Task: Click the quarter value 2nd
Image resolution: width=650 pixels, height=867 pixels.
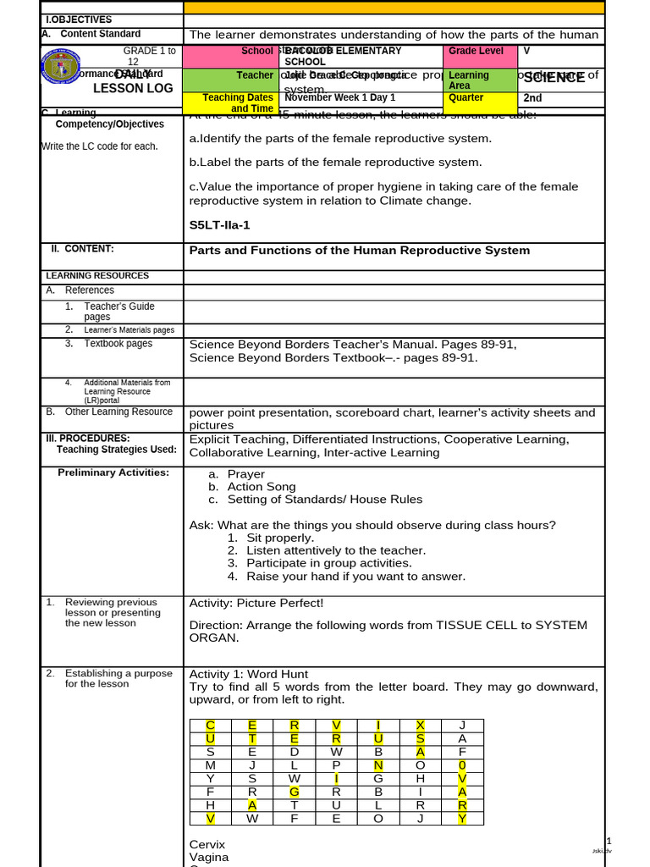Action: click(532, 98)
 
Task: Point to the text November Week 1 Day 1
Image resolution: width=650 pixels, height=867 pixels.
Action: click(339, 98)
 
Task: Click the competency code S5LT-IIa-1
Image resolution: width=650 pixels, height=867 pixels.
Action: click(219, 225)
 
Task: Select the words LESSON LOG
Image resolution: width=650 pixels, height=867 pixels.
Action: click(133, 88)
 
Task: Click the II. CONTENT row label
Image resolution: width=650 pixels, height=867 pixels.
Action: click(81, 249)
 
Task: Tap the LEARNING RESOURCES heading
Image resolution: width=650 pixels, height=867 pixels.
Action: click(97, 276)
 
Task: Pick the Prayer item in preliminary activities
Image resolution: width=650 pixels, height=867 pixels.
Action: click(245, 474)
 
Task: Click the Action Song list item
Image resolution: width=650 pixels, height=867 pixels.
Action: click(261, 487)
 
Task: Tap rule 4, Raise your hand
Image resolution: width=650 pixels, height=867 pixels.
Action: click(355, 577)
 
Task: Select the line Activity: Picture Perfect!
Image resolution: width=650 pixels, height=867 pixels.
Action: click(256, 603)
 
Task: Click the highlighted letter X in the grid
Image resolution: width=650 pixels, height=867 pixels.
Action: click(420, 726)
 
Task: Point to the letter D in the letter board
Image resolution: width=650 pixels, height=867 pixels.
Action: click(295, 752)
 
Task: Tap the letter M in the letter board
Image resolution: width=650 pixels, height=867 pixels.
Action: click(211, 765)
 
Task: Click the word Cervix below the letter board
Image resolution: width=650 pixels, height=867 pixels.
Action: click(207, 845)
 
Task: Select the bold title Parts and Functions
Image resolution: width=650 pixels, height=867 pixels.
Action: click(359, 251)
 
